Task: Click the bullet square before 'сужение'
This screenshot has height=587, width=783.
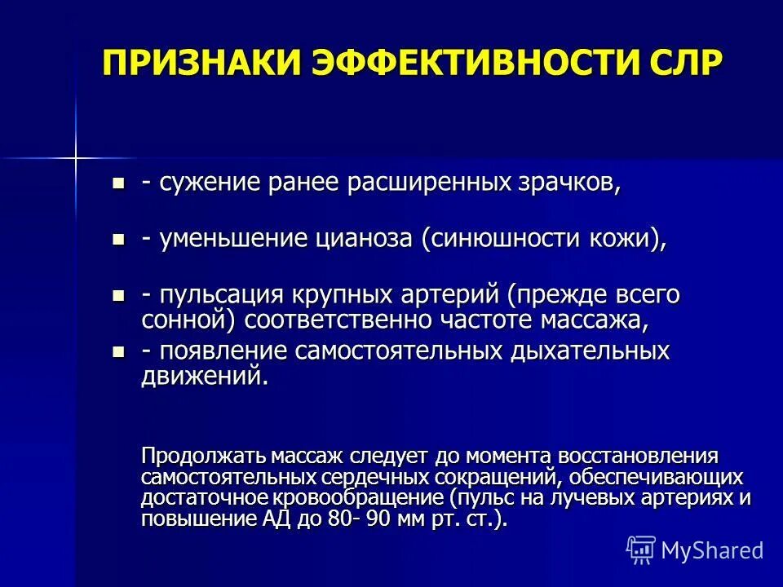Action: click(119, 183)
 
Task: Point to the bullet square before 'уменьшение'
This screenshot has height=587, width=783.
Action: click(119, 240)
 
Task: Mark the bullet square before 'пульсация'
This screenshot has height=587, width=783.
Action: click(119, 295)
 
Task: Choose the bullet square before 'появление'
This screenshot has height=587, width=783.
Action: click(119, 351)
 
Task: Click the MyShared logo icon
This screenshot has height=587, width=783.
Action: click(641, 549)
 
